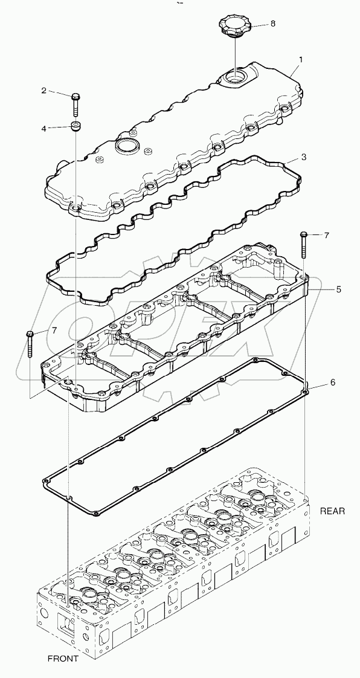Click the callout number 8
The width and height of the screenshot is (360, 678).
tap(272, 24)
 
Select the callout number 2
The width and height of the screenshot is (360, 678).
tap(43, 91)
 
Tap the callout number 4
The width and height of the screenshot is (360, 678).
tap(43, 128)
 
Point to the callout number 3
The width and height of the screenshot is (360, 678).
tap(303, 157)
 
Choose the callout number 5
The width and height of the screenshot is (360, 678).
tap(338, 289)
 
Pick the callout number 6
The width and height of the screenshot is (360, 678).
tap(332, 383)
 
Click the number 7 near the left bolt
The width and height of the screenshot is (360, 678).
tap(54, 331)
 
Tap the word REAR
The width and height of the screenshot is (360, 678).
tap(332, 511)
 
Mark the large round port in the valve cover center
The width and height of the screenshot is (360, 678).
tap(126, 146)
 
